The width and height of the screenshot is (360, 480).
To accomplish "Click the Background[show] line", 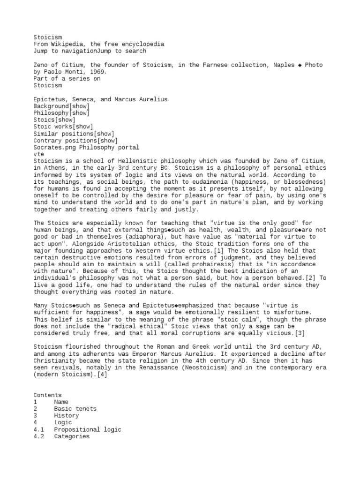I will click(x=61, y=106).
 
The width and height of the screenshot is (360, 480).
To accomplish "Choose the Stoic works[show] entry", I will click(x=63, y=127).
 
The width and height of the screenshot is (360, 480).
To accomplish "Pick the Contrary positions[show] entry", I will click(x=75, y=141).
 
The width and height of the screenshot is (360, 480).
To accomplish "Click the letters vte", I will click(x=38, y=154).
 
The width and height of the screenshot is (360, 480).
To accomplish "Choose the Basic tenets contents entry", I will click(x=75, y=409).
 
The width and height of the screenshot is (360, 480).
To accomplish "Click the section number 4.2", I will click(x=38, y=436).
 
